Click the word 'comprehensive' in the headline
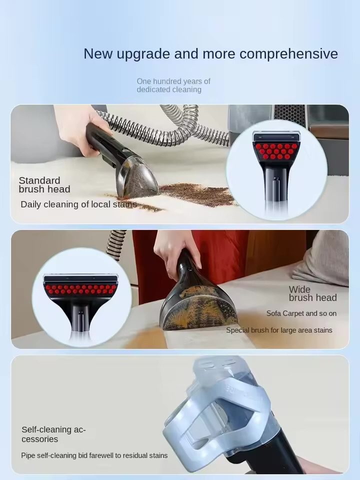[x=288, y=54]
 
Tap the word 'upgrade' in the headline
[x=143, y=54]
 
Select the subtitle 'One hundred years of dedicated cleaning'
[x=173, y=85]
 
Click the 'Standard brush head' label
[x=44, y=185]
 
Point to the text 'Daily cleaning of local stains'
[x=78, y=204]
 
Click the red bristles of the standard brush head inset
[x=276, y=151]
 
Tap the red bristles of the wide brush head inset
[x=81, y=289]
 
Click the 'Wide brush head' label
[x=312, y=293]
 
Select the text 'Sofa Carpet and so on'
[x=301, y=313]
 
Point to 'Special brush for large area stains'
[x=279, y=330]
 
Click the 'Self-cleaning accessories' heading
[x=53, y=434]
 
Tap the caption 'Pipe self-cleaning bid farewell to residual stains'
[x=94, y=455]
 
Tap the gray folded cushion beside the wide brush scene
[x=321, y=258]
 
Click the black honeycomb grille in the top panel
[x=289, y=115]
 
